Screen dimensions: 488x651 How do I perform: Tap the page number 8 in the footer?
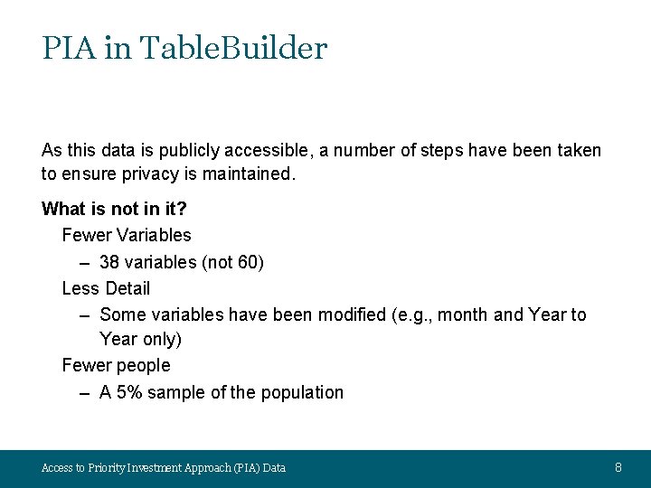pos(618,467)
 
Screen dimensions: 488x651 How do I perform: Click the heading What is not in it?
pos(114,209)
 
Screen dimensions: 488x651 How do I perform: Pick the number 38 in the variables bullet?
pos(109,262)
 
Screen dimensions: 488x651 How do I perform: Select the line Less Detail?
pos(106,288)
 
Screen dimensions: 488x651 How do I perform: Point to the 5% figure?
pos(127,392)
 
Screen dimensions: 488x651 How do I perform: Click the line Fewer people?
pos(116,365)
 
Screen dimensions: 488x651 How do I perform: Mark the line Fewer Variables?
pos(127,235)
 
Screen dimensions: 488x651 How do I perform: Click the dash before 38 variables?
pos(84,262)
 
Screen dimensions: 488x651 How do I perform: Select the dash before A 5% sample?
pos(84,392)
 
